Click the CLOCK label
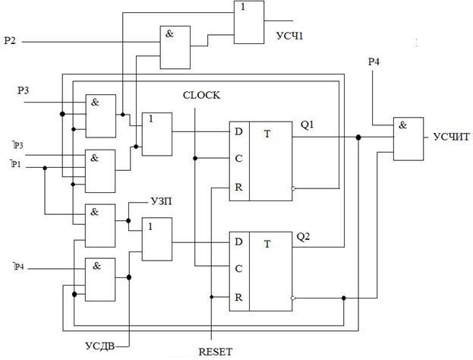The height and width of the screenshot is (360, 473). pos(202,95)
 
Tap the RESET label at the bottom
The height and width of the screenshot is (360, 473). pos(215,351)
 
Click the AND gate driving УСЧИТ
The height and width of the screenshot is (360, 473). pos(408,138)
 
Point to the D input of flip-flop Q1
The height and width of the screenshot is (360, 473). pos(238,132)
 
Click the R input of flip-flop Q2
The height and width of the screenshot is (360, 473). pos(238,296)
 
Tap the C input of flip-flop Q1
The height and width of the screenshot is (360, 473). pos(238,159)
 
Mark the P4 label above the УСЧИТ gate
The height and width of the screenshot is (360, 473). pos(373,62)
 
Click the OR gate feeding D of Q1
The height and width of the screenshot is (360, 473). pos(157,134)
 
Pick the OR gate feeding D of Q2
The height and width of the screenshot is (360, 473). pos(157,238)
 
